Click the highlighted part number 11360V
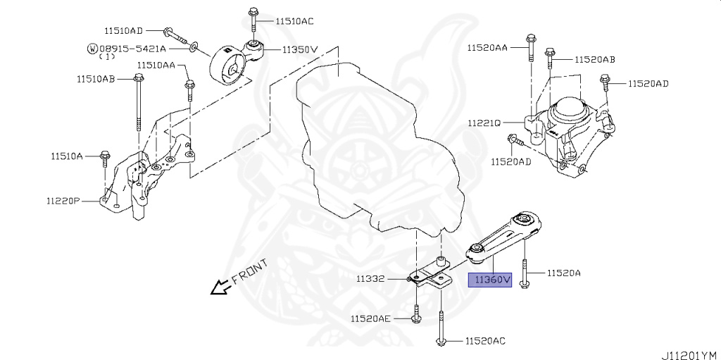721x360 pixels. coord(491,280)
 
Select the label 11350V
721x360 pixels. coord(301,50)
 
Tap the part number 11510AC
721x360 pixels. coord(294,21)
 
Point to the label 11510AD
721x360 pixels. coord(123,31)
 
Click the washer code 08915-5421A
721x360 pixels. coord(132,49)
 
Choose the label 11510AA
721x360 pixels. coord(156,65)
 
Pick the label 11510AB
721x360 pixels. coord(96,79)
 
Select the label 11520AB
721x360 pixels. coord(595,60)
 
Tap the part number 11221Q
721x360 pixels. coord(483,123)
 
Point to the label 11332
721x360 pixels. coord(370,278)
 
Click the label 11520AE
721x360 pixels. coord(370,318)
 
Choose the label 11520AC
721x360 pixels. coord(485,341)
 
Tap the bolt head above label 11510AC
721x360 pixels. coord(253,12)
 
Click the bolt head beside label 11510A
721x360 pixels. coord(106,154)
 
